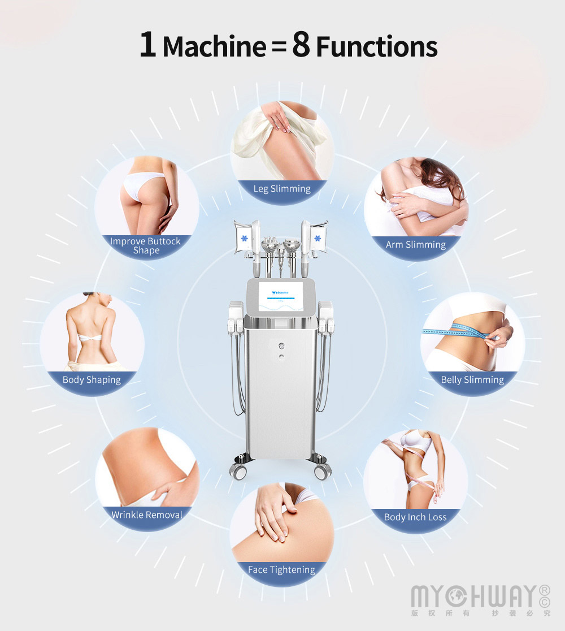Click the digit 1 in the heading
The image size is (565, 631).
(148, 45)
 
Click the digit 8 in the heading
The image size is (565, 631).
(301, 45)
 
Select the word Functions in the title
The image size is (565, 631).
(377, 47)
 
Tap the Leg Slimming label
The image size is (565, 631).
(282, 189)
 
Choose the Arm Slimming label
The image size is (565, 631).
(415, 245)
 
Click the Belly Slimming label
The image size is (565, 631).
(472, 380)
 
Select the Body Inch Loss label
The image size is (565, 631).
(415, 517)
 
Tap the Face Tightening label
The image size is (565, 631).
(281, 569)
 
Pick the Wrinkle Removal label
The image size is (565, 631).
(147, 515)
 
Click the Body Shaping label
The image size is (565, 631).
(92, 380)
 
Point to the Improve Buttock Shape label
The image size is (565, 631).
(146, 245)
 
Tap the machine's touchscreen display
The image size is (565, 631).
(282, 298)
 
